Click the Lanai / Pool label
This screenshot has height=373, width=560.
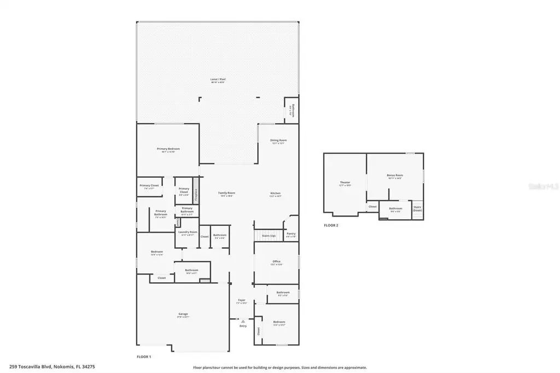click(x=218, y=79)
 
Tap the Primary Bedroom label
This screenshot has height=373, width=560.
click(x=168, y=149)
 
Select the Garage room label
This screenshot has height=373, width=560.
click(x=183, y=314)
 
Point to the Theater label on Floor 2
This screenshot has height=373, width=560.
click(x=345, y=183)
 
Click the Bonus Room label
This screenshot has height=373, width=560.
click(x=395, y=176)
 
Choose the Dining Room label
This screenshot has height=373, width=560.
click(x=278, y=141)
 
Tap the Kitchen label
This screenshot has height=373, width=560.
click(x=276, y=193)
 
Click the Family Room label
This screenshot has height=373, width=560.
click(x=226, y=193)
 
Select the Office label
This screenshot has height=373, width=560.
click(x=276, y=261)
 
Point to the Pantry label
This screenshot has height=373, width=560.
click(x=291, y=234)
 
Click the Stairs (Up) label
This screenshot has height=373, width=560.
click(x=269, y=236)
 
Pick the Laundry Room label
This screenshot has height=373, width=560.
click(x=186, y=232)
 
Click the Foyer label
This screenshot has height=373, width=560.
click(x=241, y=300)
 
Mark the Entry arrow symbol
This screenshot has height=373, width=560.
click(x=242, y=321)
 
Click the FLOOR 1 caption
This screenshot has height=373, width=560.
click(x=144, y=357)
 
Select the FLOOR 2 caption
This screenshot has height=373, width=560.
click(x=331, y=225)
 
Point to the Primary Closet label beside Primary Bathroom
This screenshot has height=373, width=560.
click(x=184, y=190)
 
